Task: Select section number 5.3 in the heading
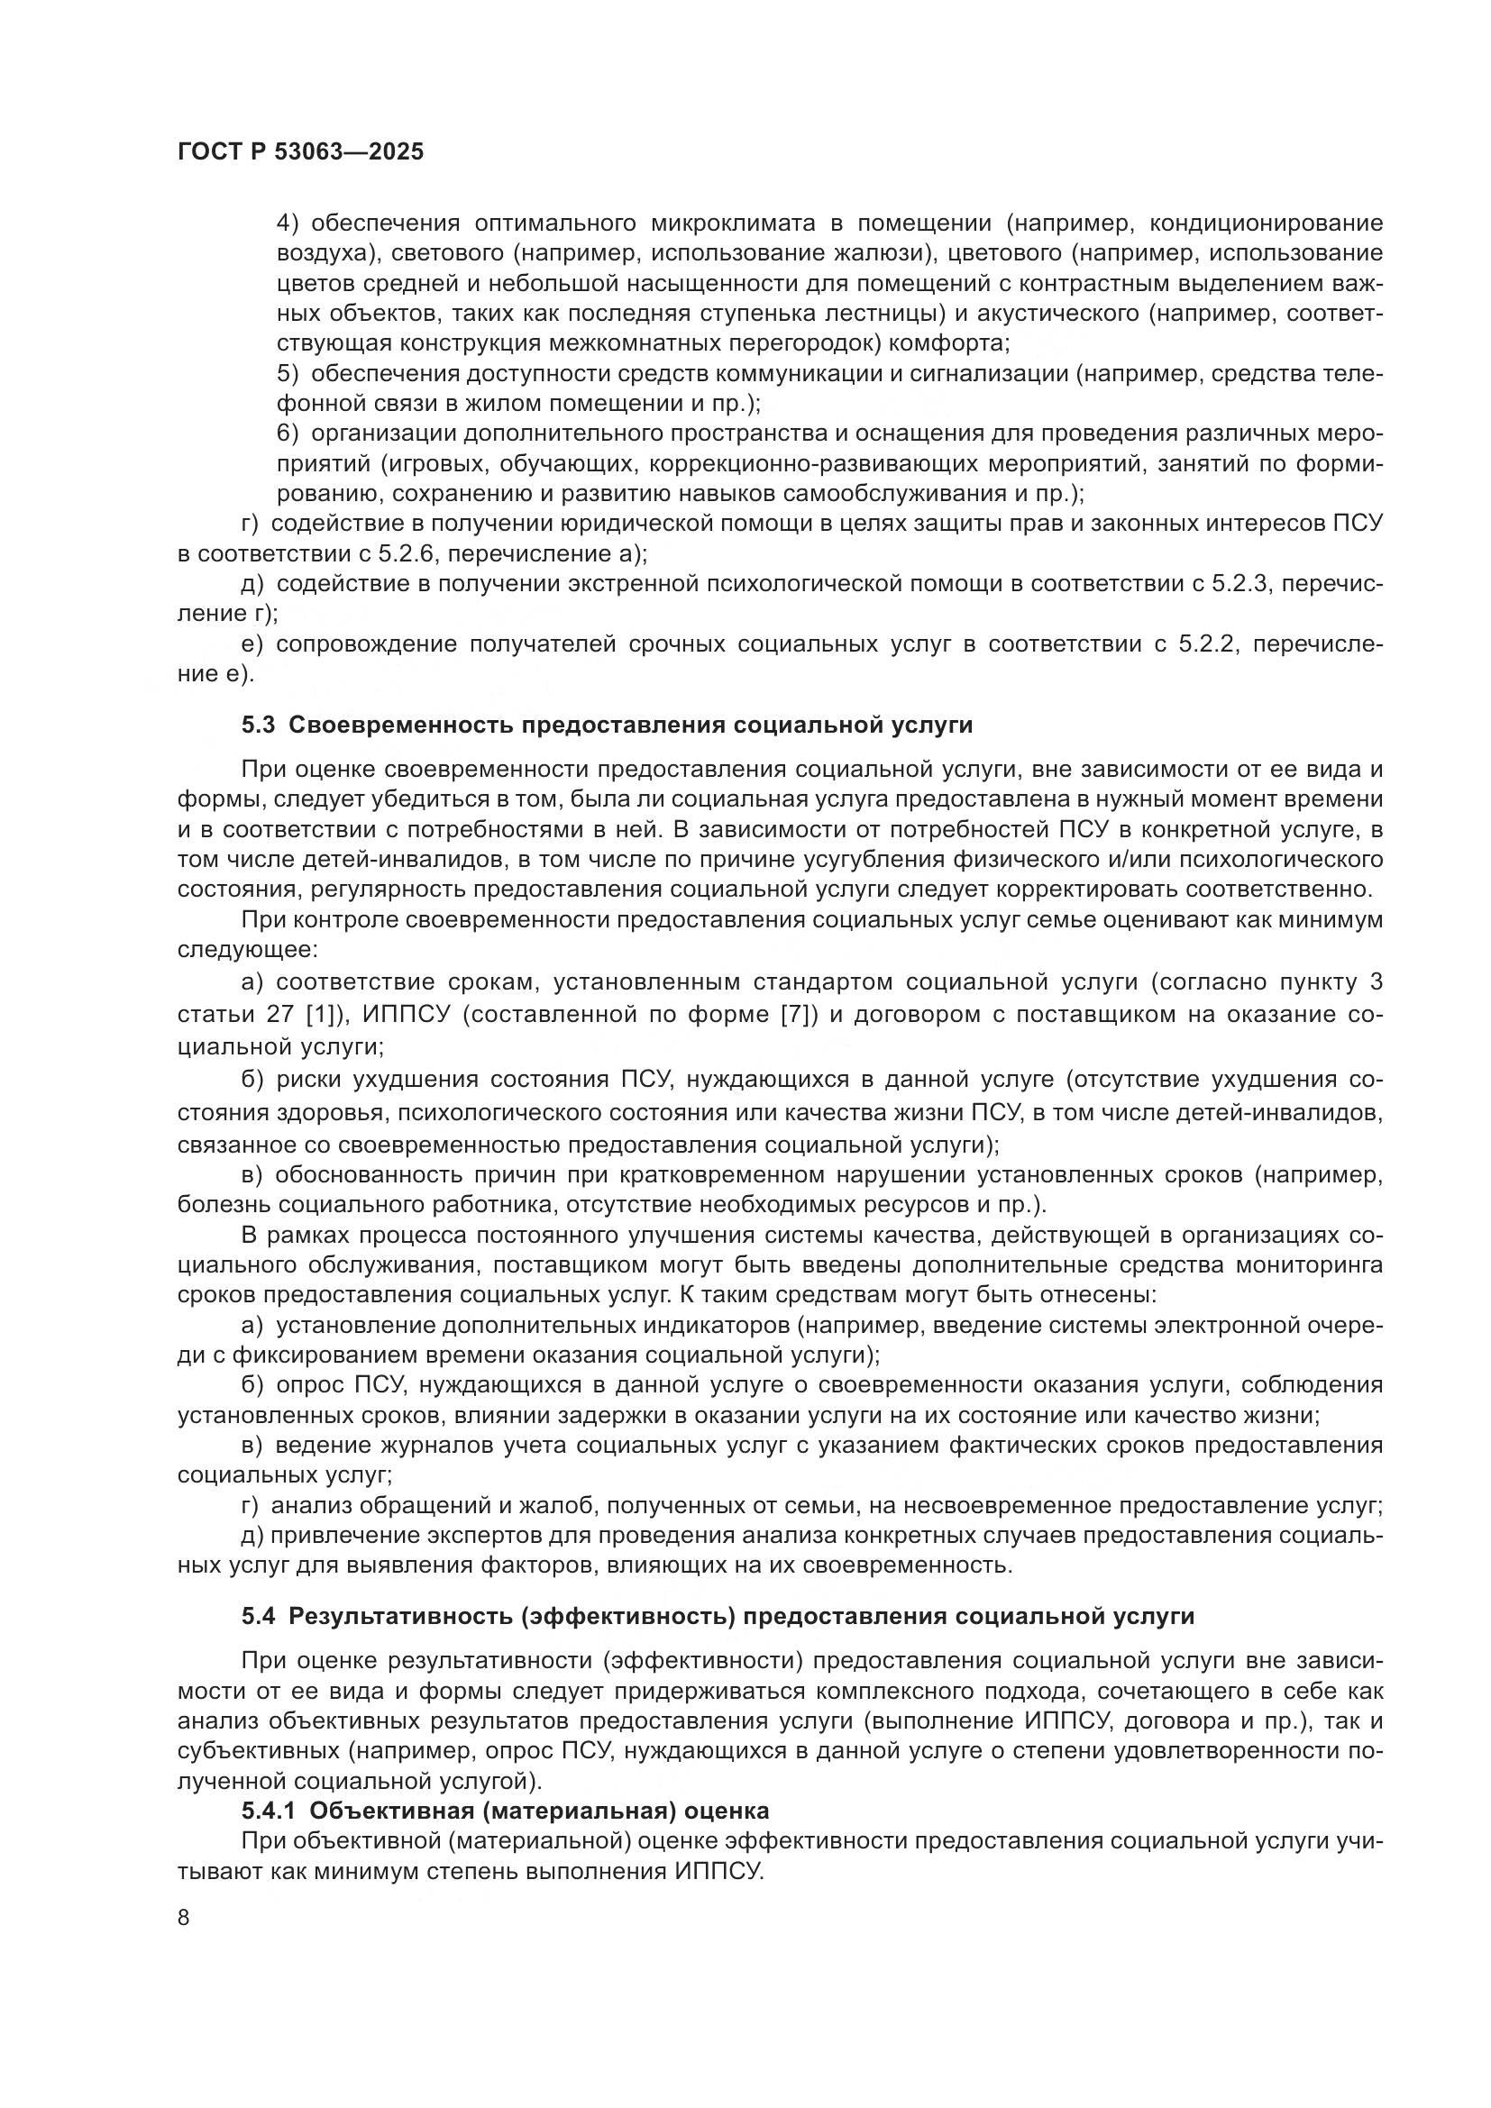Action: coord(258,725)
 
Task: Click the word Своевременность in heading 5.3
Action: coord(400,725)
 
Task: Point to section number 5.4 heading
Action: coord(258,1616)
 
